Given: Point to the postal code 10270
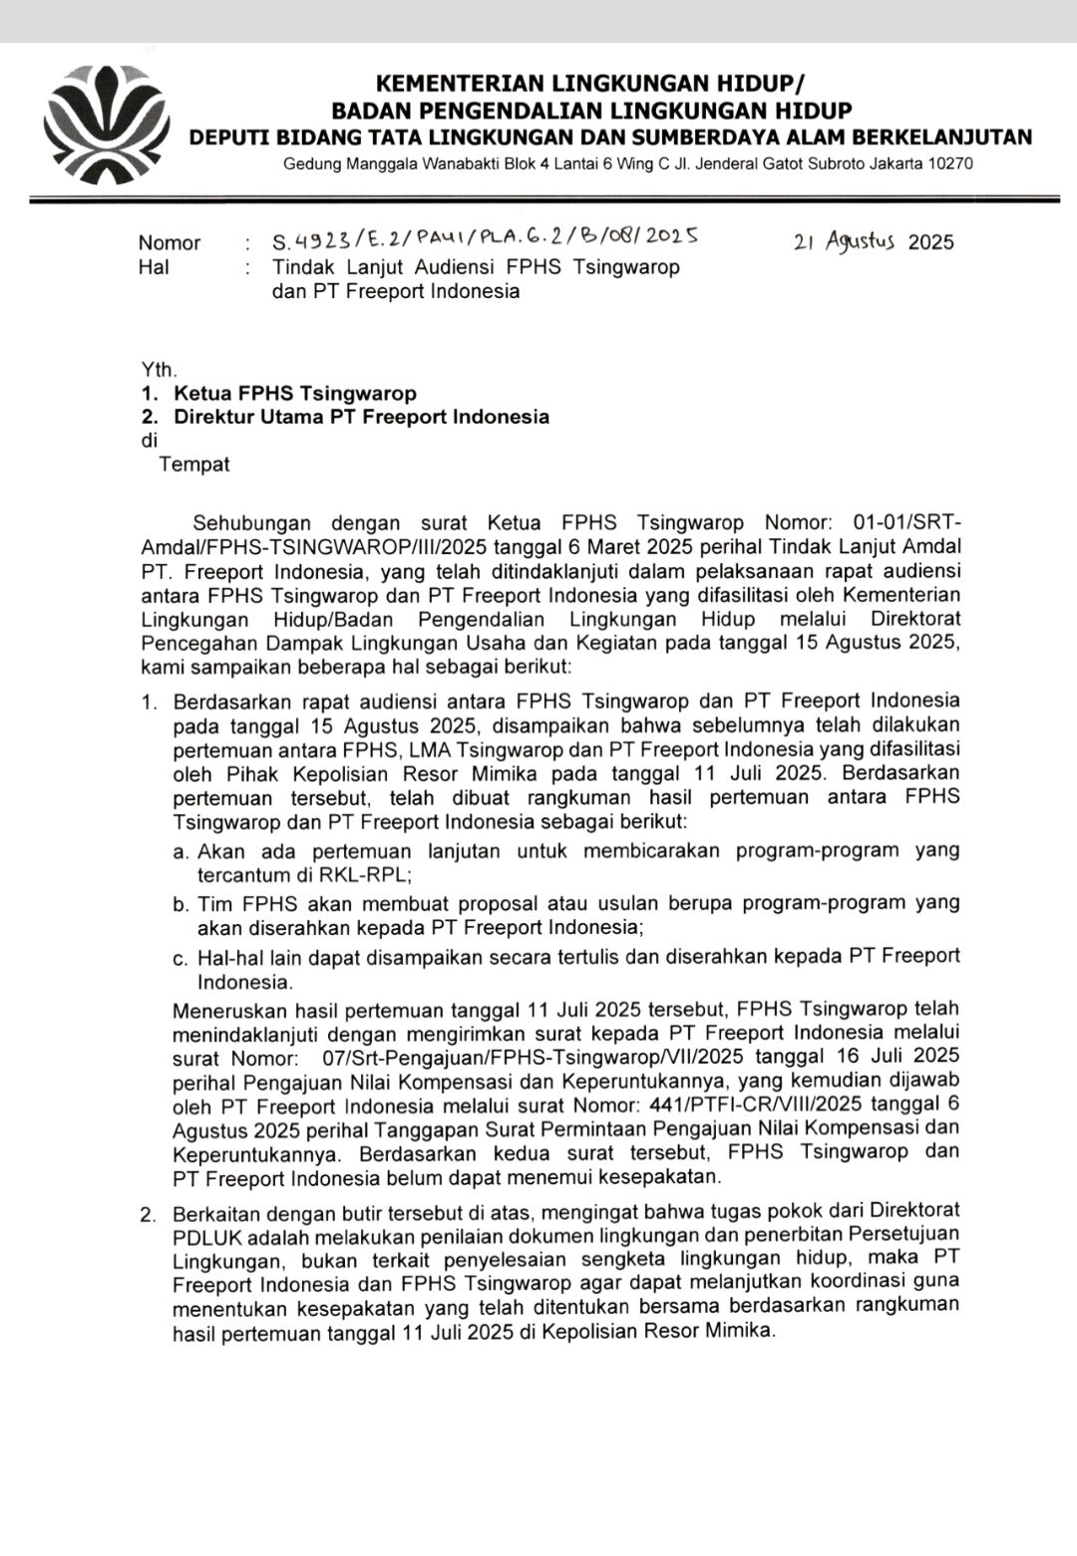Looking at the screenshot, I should point(950,163).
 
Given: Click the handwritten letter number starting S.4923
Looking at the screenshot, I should point(485,238).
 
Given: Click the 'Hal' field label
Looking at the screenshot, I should point(154,267).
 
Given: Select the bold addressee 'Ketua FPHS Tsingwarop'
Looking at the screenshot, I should point(295,394).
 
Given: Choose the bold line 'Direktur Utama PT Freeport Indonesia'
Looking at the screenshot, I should point(361,417).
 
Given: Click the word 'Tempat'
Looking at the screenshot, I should point(194,465).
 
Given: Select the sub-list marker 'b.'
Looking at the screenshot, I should point(180,904).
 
